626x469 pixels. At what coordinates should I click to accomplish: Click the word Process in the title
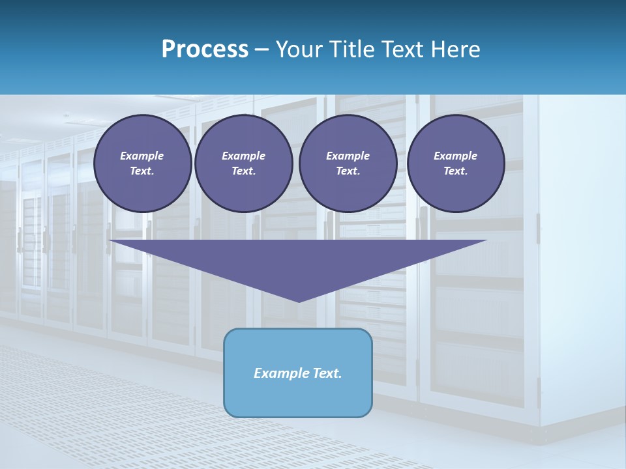[205, 50]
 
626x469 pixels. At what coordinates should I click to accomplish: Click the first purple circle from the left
[142, 163]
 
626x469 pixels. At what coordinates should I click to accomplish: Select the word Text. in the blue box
[325, 373]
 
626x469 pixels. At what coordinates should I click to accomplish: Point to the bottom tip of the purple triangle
[299, 300]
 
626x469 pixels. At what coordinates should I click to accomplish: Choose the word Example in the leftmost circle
[142, 156]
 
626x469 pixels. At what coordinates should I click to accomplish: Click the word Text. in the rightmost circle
[456, 171]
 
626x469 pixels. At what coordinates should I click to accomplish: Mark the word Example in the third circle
[348, 156]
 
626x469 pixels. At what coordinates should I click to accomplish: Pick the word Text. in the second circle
[244, 171]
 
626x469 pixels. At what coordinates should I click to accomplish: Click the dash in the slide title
[262, 50]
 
